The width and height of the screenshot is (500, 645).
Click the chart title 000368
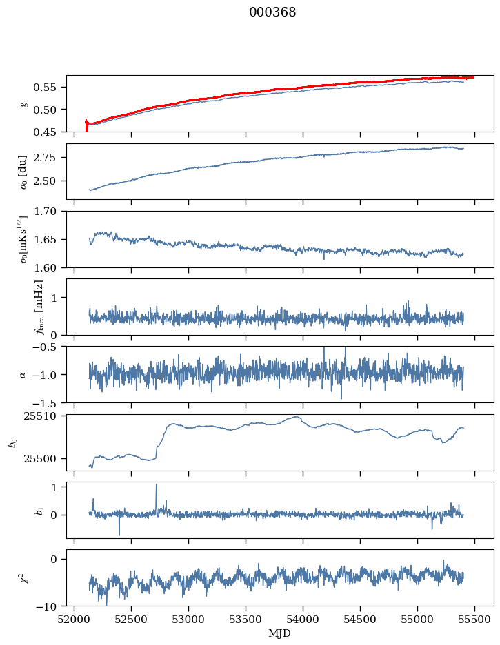coord(272,13)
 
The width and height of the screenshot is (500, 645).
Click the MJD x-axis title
coord(280,633)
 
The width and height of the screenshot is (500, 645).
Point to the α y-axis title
coord(23,374)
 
